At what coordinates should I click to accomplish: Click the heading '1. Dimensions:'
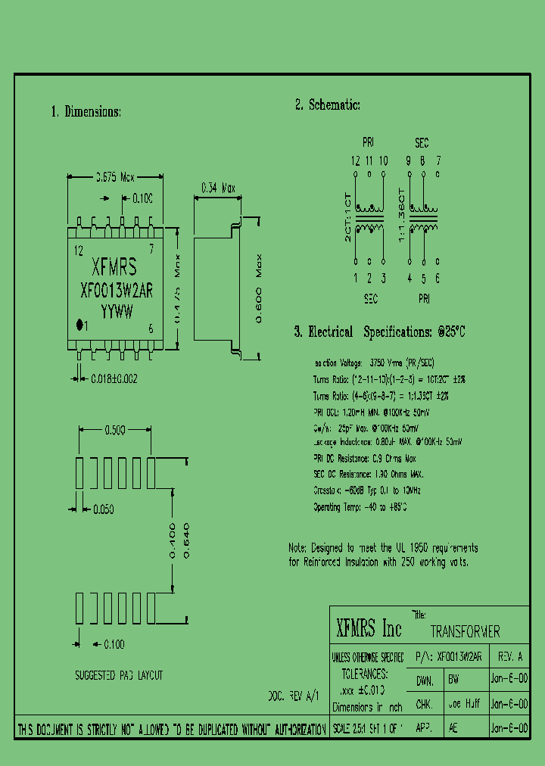click(86, 111)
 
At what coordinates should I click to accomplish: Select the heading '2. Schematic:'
click(327, 105)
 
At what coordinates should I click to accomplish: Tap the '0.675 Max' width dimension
click(114, 177)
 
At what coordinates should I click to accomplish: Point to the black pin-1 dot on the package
click(79, 325)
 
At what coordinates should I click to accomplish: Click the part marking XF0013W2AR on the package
click(116, 290)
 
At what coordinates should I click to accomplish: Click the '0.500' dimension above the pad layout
click(114, 431)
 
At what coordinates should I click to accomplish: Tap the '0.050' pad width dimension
click(102, 509)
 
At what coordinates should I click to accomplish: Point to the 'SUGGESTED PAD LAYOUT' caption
click(119, 675)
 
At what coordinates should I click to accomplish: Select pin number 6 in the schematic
click(437, 278)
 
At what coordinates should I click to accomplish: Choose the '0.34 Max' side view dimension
click(217, 188)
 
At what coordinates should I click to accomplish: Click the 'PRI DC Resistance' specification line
click(364, 459)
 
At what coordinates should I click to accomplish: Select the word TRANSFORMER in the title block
click(465, 631)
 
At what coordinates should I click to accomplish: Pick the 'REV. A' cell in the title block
click(509, 657)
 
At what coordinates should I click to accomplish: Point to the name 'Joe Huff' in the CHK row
click(464, 704)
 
